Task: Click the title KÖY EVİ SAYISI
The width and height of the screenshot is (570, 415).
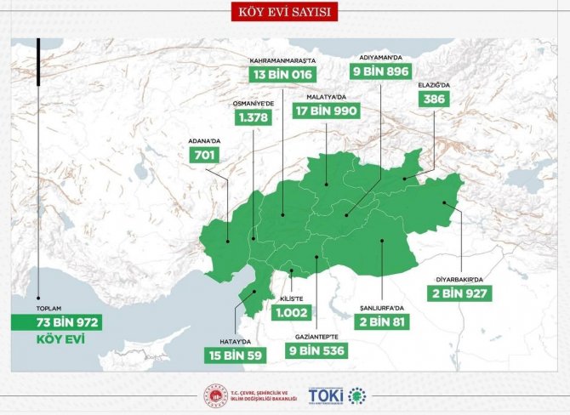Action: point(285,11)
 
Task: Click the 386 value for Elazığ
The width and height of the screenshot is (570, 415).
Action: point(435,99)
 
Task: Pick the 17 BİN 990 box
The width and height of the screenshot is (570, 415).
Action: point(327,111)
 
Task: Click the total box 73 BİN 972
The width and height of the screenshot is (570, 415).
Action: point(56,322)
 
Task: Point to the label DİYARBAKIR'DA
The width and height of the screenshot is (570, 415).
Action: point(459,277)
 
